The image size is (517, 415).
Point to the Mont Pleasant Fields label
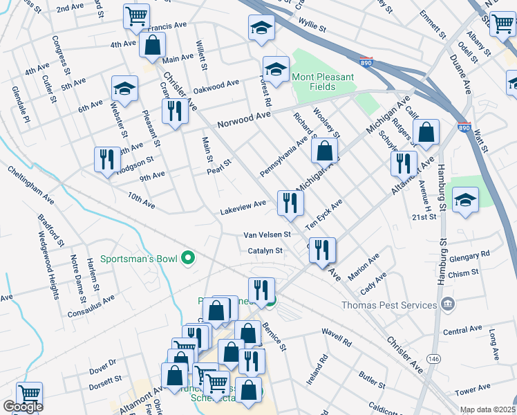pyautogui.click(x=322, y=82)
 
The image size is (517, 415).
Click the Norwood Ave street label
pyautogui.click(x=243, y=122)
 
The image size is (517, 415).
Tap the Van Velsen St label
pyautogui.click(x=266, y=235)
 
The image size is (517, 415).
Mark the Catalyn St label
pyautogui.click(x=265, y=251)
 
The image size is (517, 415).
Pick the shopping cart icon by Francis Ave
pyautogui.click(x=136, y=15)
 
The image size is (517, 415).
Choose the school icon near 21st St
pyautogui.click(x=465, y=201)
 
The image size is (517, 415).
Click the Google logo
pyautogui.click(x=23, y=407)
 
